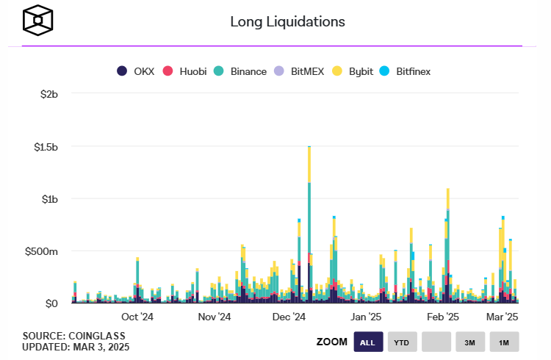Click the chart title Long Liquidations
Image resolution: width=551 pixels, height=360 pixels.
click(x=287, y=21)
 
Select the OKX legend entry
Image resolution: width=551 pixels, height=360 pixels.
click(x=135, y=71)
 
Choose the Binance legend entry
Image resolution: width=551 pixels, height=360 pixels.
click(x=240, y=71)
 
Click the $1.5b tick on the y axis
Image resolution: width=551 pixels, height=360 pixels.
click(x=43, y=147)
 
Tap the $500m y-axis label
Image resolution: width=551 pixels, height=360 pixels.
click(x=41, y=251)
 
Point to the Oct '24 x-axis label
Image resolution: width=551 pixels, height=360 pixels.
click(x=137, y=317)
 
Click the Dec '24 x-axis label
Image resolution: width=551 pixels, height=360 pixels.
click(x=289, y=317)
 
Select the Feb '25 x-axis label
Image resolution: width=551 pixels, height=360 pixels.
click(x=442, y=317)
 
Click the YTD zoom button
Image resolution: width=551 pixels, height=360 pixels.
click(x=402, y=342)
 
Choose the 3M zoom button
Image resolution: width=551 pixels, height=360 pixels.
click(x=469, y=342)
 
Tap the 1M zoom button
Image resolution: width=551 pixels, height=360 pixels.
click(x=503, y=342)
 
